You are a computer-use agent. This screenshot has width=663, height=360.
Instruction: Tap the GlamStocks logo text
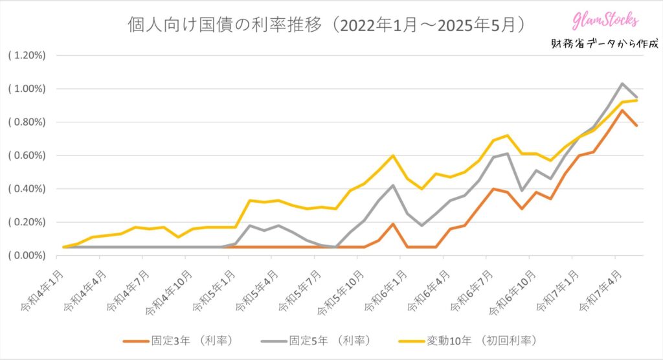(605, 21)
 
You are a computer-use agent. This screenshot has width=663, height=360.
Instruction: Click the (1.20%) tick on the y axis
(27, 55)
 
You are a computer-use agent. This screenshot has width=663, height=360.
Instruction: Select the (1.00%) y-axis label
(27, 89)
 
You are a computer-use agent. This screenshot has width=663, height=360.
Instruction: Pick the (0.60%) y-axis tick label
(27, 155)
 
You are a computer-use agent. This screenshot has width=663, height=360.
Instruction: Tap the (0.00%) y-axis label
(27, 255)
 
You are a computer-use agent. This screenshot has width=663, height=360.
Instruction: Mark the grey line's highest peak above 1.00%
(622, 84)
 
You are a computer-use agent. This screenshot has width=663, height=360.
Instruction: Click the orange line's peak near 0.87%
(622, 110)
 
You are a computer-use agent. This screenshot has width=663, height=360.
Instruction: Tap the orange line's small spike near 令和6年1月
(393, 223)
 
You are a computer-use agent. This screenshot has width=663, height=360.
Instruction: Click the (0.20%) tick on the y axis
(27, 222)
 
